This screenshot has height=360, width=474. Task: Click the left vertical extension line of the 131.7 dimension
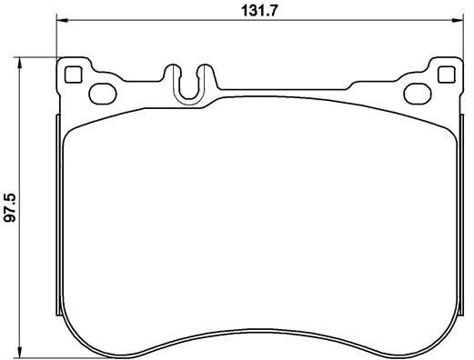coord(57,41)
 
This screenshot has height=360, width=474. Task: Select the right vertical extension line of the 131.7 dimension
coord(461,41)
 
